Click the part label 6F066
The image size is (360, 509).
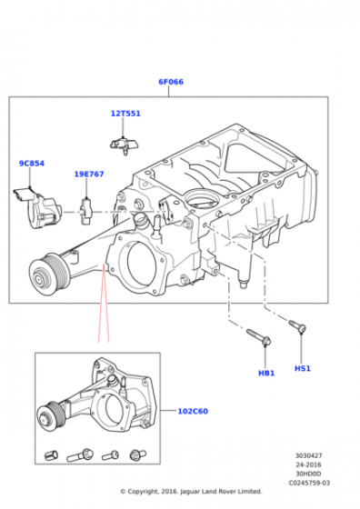click(171, 82)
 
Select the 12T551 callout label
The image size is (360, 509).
click(125, 114)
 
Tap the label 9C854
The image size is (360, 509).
click(32, 164)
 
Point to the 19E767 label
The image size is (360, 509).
click(89, 174)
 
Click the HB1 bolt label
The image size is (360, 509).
click(266, 374)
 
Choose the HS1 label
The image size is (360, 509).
click(303, 368)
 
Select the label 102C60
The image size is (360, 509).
click(193, 411)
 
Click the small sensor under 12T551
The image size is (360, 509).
click(125, 145)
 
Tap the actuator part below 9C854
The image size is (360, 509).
click(37, 207)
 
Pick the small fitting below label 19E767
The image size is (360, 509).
click(86, 211)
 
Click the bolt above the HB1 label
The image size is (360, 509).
click(259, 337)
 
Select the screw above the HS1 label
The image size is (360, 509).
click(297, 325)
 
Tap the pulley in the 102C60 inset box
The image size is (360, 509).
click(51, 416)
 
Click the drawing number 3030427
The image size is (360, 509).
click(308, 455)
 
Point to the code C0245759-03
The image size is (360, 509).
click(309, 483)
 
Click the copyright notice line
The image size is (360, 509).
click(191, 492)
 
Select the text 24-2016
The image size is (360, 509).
click(308, 464)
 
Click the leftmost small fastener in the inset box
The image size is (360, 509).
click(51, 455)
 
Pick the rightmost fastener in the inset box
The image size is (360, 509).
click(137, 454)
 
